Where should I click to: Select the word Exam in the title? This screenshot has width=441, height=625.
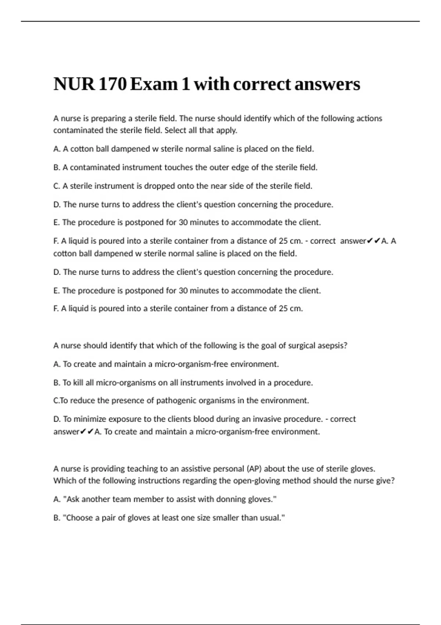click(154, 84)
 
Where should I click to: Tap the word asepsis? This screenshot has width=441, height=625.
click(332, 346)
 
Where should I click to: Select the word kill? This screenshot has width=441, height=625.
click(78, 383)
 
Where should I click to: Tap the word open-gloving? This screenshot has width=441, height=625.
click(257, 481)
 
